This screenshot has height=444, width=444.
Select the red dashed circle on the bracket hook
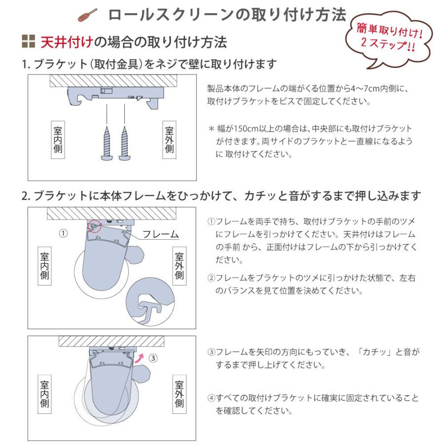point(94,226)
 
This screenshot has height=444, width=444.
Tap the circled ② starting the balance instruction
point(211,279)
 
